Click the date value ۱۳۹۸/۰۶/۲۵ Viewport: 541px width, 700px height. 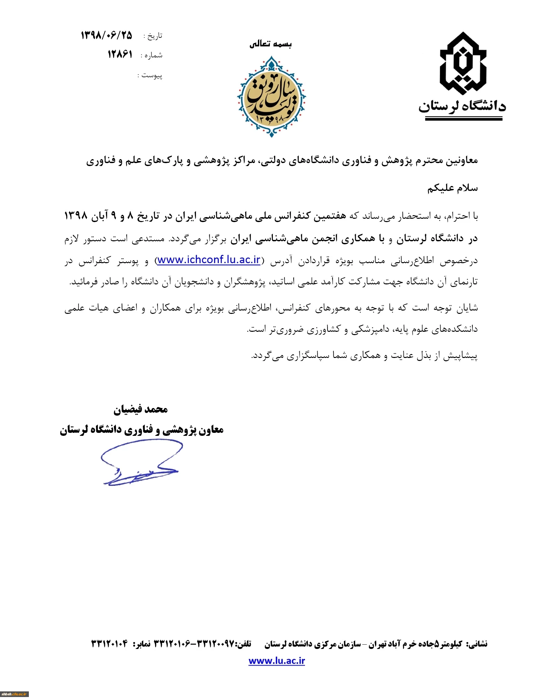[x=106, y=35]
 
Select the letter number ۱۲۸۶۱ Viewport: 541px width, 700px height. [x=120, y=54]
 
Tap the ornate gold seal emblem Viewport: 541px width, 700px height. [x=271, y=97]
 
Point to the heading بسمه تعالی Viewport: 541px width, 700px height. [x=270, y=44]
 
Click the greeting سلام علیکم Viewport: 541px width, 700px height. [x=452, y=188]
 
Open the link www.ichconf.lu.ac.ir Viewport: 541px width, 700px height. [x=209, y=260]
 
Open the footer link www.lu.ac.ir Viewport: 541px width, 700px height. [x=276, y=661]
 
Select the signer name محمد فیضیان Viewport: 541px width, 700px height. [x=141, y=410]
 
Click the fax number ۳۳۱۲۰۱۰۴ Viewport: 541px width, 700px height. [x=109, y=644]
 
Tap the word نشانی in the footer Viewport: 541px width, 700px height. [x=477, y=644]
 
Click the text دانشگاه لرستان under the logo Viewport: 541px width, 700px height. [x=462, y=106]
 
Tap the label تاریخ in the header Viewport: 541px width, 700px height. [x=155, y=36]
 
